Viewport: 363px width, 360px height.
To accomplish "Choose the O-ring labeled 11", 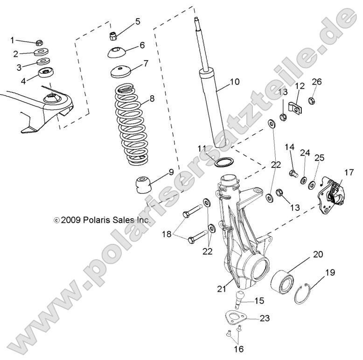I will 223,161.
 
